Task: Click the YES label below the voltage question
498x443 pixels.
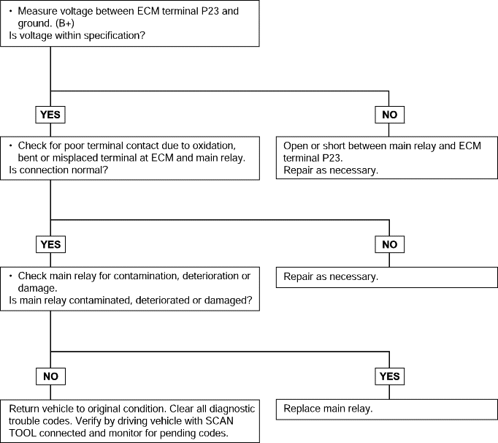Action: tap(50, 115)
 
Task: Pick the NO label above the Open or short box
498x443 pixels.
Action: tap(389, 115)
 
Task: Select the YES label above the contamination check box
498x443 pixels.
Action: tap(50, 245)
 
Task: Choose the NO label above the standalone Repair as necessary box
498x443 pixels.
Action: tap(389, 245)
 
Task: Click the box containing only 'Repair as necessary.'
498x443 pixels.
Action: tap(386, 277)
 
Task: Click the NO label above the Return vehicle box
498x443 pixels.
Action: tap(50, 376)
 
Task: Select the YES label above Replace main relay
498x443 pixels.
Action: tap(389, 376)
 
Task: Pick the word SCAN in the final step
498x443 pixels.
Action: tap(220, 421)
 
